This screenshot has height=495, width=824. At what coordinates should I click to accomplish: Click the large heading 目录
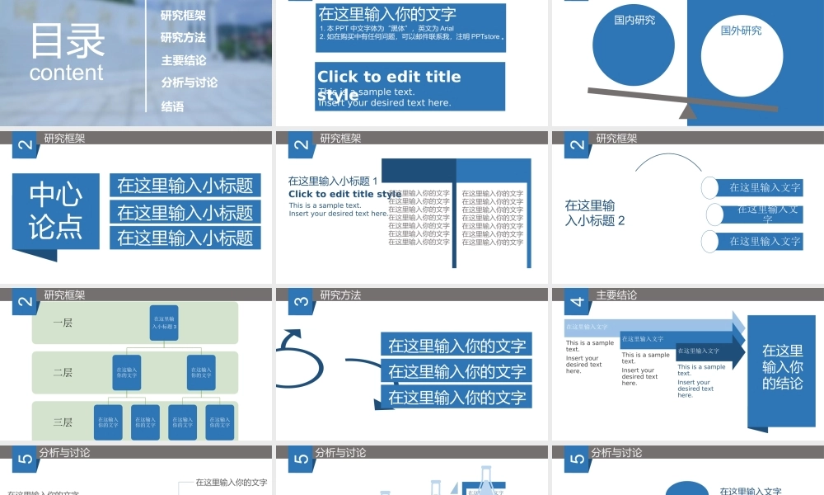tap(68, 41)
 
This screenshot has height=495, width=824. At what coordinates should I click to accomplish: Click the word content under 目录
tap(67, 73)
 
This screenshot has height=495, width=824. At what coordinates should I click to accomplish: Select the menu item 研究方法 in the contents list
tap(183, 37)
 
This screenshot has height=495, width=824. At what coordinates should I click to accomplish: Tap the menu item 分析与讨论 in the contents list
tap(190, 82)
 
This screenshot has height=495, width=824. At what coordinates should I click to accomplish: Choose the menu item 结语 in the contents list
tap(172, 106)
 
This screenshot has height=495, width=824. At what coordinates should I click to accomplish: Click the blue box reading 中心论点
tap(56, 211)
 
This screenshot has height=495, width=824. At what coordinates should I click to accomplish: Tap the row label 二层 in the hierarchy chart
tap(63, 372)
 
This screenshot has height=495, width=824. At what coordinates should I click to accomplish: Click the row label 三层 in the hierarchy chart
tap(63, 422)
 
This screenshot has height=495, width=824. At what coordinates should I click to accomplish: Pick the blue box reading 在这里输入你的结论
tap(781, 367)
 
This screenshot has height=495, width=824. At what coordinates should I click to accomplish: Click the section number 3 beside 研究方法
tap(301, 303)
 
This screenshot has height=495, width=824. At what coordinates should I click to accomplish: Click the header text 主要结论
tap(616, 295)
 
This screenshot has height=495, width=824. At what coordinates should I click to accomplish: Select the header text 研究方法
tap(340, 295)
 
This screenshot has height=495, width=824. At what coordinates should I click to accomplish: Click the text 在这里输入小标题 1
tap(333, 181)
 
